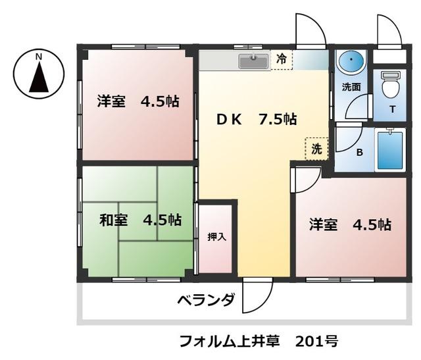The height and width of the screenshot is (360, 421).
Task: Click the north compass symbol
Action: click(x=39, y=72)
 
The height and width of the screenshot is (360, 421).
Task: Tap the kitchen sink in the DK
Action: click(x=253, y=61)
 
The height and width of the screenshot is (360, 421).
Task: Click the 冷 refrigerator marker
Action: click(x=282, y=60)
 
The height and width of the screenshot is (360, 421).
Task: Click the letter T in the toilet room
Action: click(x=392, y=110)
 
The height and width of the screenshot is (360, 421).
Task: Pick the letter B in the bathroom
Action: click(x=359, y=153)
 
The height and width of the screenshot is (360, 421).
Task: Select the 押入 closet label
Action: click(x=216, y=237)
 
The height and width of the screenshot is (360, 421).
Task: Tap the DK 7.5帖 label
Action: click(x=257, y=119)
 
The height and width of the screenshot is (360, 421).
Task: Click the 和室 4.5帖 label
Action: click(x=140, y=220)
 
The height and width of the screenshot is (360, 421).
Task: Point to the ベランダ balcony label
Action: click(x=206, y=301)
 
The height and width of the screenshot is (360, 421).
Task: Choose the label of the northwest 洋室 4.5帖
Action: click(x=138, y=102)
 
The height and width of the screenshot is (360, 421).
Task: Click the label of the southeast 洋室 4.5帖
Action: click(x=351, y=224)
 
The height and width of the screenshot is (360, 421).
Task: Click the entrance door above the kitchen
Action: click(x=309, y=30)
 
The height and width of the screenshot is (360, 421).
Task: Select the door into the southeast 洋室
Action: click(x=303, y=179)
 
